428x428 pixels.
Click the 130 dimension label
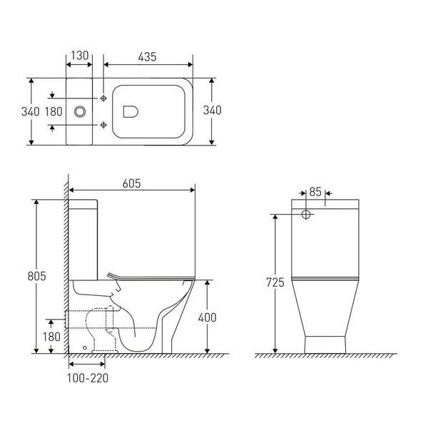[80, 56]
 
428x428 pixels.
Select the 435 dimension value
[147, 57]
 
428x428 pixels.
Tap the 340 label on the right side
[212, 110]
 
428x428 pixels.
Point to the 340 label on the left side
[30, 112]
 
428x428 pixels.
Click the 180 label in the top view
[53, 112]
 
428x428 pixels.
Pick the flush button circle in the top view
[80, 111]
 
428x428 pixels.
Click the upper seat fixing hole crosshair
[103, 98]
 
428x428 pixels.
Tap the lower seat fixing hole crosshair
[103, 125]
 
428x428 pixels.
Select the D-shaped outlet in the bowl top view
[131, 111]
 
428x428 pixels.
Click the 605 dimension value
[131, 183]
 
